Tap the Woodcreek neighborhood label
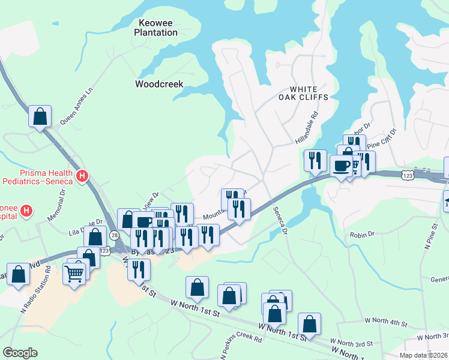click(x=159, y=84)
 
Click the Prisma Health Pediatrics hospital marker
click(x=83, y=177)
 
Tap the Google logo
click(x=20, y=353)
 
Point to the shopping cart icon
click(x=75, y=274)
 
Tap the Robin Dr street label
click(x=362, y=233)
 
